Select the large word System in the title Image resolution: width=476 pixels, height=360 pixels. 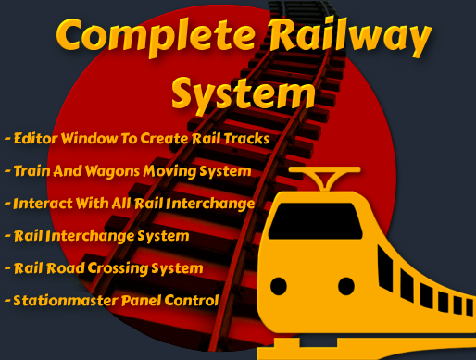coord(243,92)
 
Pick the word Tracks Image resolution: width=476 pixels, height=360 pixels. coord(246,139)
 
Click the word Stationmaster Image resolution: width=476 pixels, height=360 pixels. coord(65,301)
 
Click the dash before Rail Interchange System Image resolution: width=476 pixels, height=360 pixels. coord(7,236)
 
